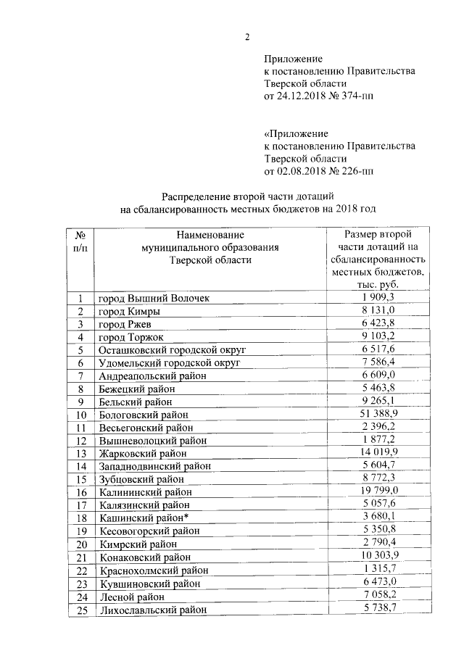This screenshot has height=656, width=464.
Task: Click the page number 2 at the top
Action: point(246,38)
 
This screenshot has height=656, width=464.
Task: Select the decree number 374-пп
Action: point(355,96)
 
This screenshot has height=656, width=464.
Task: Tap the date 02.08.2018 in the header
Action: point(303,171)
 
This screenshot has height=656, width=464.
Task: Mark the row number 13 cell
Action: point(80,453)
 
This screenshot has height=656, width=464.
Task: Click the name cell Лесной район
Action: point(131,597)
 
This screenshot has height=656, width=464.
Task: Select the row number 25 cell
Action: point(80,610)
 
